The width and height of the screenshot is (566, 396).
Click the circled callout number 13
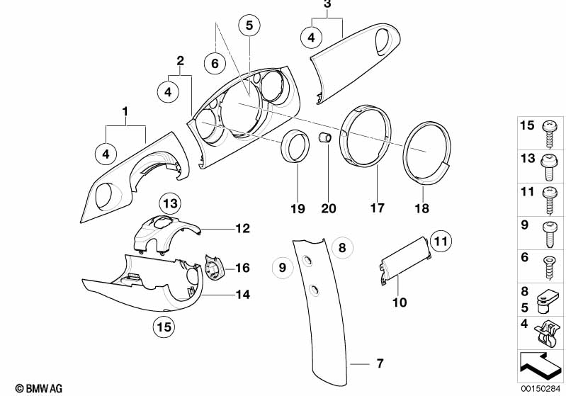[x=169, y=204]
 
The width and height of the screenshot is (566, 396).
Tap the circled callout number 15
[x=164, y=327]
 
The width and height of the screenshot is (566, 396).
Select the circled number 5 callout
[x=249, y=25]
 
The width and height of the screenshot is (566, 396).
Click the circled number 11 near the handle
[x=441, y=242]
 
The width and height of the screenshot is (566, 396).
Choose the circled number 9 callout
[x=282, y=267]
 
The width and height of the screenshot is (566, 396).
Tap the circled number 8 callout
[x=341, y=247]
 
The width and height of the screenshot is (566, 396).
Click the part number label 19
[x=297, y=209]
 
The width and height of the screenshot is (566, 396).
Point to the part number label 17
[x=377, y=209]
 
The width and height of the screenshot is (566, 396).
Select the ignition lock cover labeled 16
[x=213, y=269]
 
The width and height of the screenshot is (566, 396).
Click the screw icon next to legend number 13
[x=550, y=161]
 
